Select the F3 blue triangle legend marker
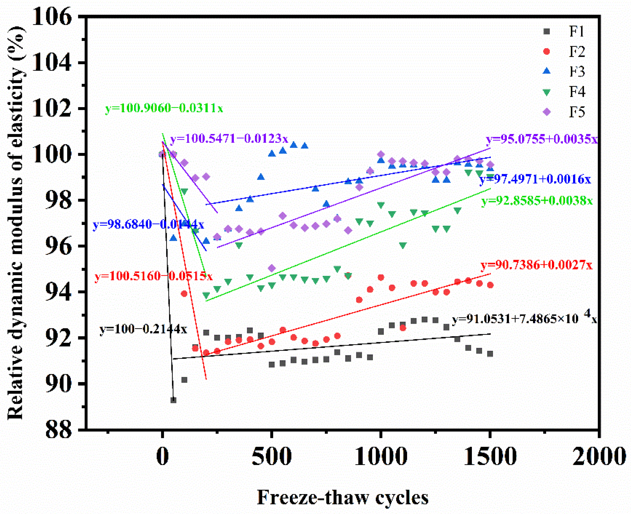point(547,71)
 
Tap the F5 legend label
point(577,112)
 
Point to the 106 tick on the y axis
point(52,17)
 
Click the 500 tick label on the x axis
point(271,456)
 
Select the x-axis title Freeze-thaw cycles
point(342,497)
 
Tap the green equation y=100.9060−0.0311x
point(164,108)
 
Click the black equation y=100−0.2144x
point(143,329)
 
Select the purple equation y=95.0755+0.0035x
point(542,139)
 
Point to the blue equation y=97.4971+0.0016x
point(535,179)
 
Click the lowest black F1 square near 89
point(173,400)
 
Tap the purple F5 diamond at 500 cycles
point(272,268)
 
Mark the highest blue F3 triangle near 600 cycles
point(294,145)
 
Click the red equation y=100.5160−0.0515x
point(153,276)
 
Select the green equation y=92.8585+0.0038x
point(537,201)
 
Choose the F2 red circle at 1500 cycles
point(490,285)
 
